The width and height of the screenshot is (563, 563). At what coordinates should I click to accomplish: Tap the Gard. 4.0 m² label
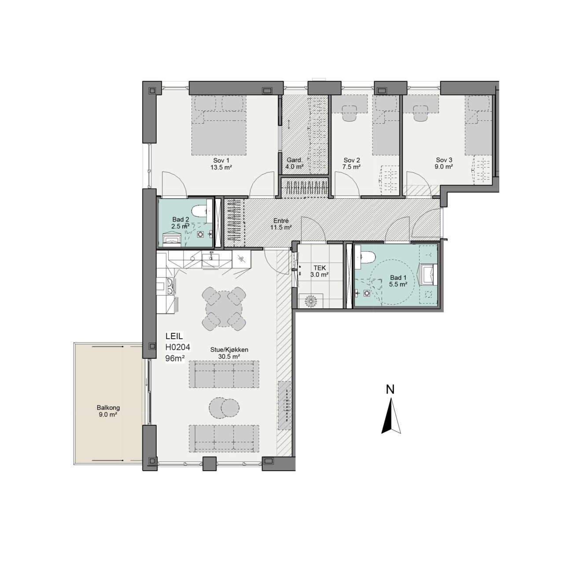294,164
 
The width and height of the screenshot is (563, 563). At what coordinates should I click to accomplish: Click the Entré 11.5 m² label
281,224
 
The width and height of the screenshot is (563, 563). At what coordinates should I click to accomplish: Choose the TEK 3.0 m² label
320,271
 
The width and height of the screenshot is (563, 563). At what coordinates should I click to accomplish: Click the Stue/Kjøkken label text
229,350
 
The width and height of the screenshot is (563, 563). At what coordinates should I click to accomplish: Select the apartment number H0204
178,347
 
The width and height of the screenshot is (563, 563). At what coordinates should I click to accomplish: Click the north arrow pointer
391,417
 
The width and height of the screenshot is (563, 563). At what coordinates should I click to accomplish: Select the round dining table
224,309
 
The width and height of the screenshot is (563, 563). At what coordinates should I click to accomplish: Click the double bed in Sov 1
219,125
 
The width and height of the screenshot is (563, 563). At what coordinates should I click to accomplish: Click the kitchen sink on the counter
210,259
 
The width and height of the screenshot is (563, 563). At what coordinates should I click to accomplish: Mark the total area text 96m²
175,358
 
